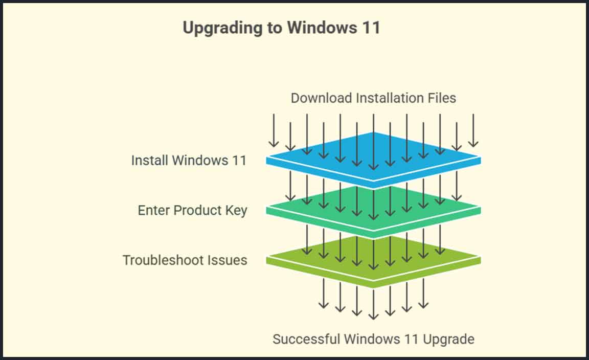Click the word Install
[149, 160]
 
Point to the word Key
[237, 210]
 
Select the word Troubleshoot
[163, 260]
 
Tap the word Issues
[227, 260]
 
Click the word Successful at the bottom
[306, 339]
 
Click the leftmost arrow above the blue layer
[274, 130]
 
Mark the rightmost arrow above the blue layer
[473, 130]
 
